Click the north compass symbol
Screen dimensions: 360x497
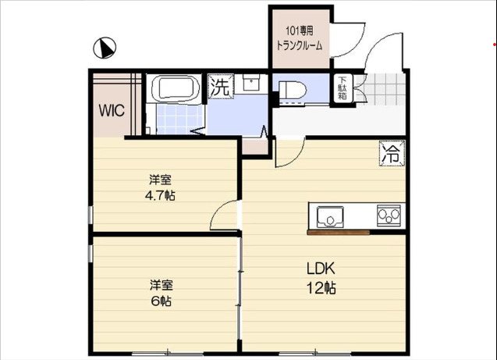point(104,50)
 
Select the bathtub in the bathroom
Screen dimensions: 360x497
point(175,87)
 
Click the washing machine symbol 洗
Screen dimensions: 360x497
point(221,87)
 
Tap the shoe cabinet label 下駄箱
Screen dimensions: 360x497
point(343,87)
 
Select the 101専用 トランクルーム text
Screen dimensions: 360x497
point(299,38)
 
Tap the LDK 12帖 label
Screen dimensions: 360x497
point(321,278)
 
